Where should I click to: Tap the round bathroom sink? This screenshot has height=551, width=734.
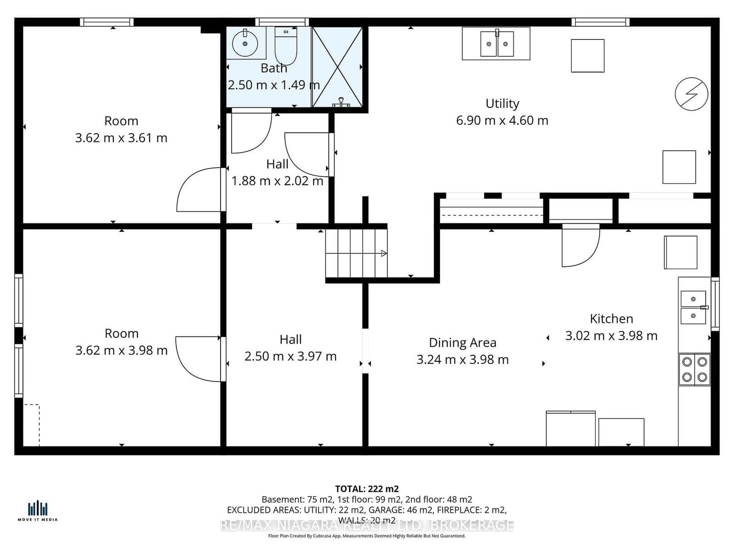(x=245, y=43)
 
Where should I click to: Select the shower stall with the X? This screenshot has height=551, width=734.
(x=338, y=67)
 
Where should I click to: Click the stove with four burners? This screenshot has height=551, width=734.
(x=695, y=369)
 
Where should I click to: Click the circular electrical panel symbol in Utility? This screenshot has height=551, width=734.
(x=691, y=94)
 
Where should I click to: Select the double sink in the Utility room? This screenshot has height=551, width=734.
(x=497, y=44)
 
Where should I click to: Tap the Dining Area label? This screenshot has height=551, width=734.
(x=462, y=343)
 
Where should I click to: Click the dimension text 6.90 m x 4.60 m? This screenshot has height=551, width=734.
(x=502, y=120)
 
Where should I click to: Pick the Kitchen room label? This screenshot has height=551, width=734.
(x=611, y=319)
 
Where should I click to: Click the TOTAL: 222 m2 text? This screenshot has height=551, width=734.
(x=367, y=489)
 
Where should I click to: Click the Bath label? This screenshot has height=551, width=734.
(x=273, y=68)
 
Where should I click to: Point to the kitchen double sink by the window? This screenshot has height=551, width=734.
(x=693, y=307)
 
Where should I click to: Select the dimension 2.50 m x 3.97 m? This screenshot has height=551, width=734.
(x=290, y=356)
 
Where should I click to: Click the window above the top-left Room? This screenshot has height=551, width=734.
(x=106, y=22)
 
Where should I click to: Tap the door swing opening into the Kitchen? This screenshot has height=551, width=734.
(x=580, y=245)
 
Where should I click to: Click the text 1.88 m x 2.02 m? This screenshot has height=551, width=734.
(x=277, y=181)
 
